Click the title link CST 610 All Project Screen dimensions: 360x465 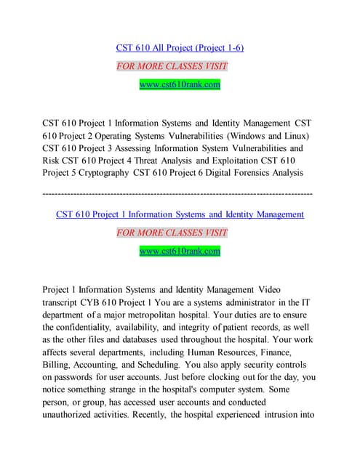tap(180, 48)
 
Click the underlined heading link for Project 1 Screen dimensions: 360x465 tap(180, 214)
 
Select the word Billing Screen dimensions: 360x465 tap(55, 364)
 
